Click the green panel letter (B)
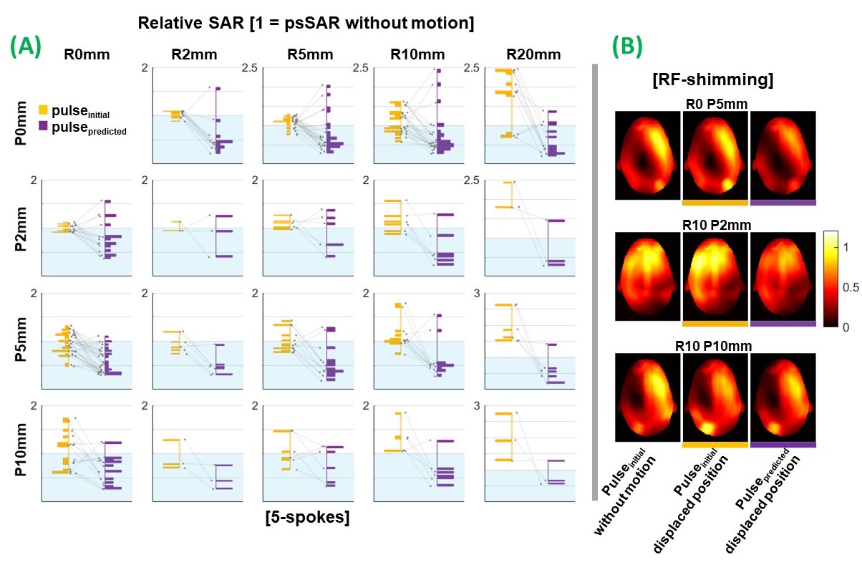coord(627,47)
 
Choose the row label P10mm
coord(22,453)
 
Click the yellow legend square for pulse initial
coord(43,110)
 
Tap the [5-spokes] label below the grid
coord(307,516)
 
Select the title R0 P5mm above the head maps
coord(715,104)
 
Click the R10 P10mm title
coord(715,347)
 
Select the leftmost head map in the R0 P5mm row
coord(647,155)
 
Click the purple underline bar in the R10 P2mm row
coord(783,324)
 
